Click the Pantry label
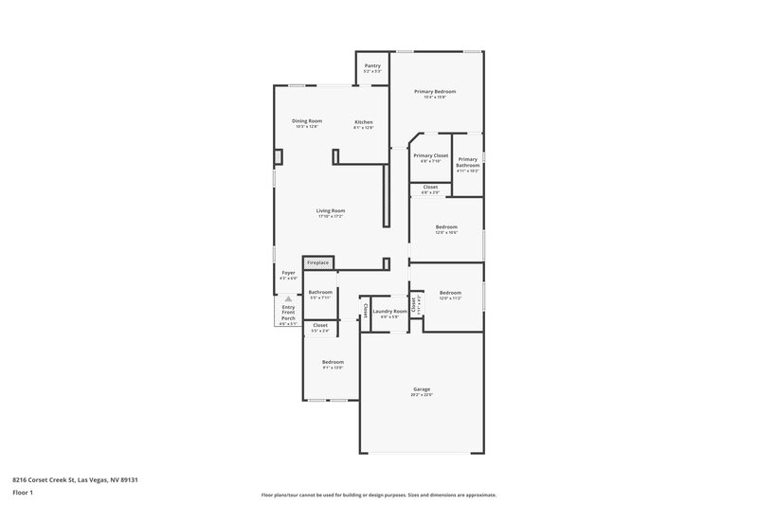coord(372,65)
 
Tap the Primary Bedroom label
coord(435,91)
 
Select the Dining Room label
coord(307,121)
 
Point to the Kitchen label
coord(364,122)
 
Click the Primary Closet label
coord(431,155)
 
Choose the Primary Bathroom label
coord(468,162)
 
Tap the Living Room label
coord(331,210)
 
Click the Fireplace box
coord(317,262)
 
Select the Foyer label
coord(288,273)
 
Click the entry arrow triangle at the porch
coord(288,298)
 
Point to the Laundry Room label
coord(389,311)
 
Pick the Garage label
coord(422,388)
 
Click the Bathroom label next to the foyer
coord(320,292)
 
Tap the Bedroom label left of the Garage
coord(332,362)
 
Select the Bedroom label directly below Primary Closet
coord(446,226)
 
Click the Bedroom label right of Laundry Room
coord(450,293)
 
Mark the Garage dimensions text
coord(422,395)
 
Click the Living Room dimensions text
coord(331,217)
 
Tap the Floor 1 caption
coord(23,493)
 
